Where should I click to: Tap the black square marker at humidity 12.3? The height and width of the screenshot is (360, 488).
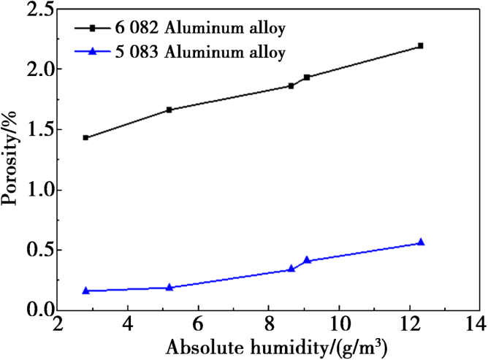click(x=420, y=46)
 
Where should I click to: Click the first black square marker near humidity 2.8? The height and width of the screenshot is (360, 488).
click(x=86, y=137)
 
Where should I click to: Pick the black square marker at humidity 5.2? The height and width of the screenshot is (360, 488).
click(x=169, y=110)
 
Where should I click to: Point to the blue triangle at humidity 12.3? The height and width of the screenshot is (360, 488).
click(x=420, y=242)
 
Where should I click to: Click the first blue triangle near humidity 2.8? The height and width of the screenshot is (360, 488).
click(x=86, y=290)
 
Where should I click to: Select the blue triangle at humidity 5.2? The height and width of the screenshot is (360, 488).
click(x=169, y=287)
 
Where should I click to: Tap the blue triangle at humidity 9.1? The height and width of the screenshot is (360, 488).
click(x=307, y=259)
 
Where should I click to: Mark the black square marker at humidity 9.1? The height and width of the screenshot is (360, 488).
click(x=307, y=77)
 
